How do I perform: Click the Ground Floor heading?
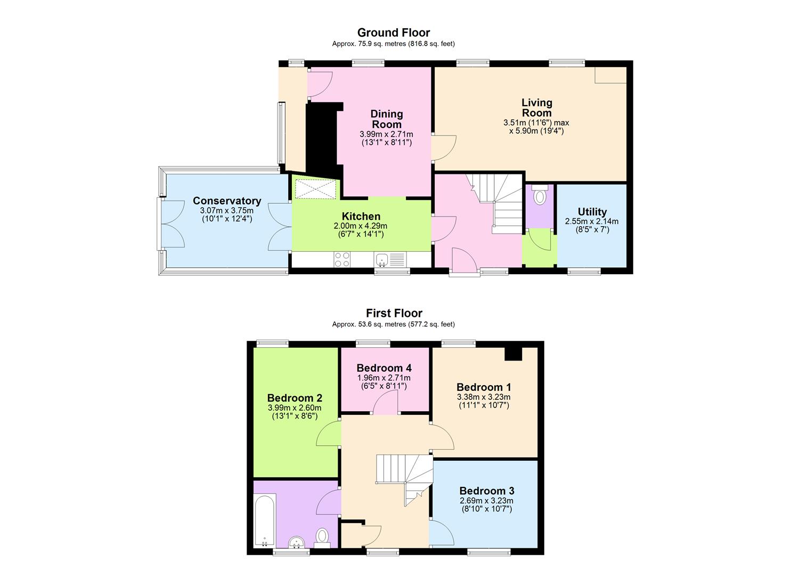pos(393,33)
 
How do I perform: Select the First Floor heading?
pos(394,313)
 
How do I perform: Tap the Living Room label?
pos(536,107)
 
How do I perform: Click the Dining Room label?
pos(387,118)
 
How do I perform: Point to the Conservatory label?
pos(227,201)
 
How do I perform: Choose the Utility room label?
pos(592,212)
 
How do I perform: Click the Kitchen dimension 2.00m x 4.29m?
pos(361,226)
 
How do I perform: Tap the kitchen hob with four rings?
pos(342,259)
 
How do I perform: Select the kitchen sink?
pos(382,260)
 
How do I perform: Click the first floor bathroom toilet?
pos(322,536)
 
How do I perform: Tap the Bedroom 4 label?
pos(384,368)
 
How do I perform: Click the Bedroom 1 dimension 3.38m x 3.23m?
pos(484,397)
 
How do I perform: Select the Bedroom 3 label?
pos(487,491)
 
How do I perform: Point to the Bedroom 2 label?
pos(295,398)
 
